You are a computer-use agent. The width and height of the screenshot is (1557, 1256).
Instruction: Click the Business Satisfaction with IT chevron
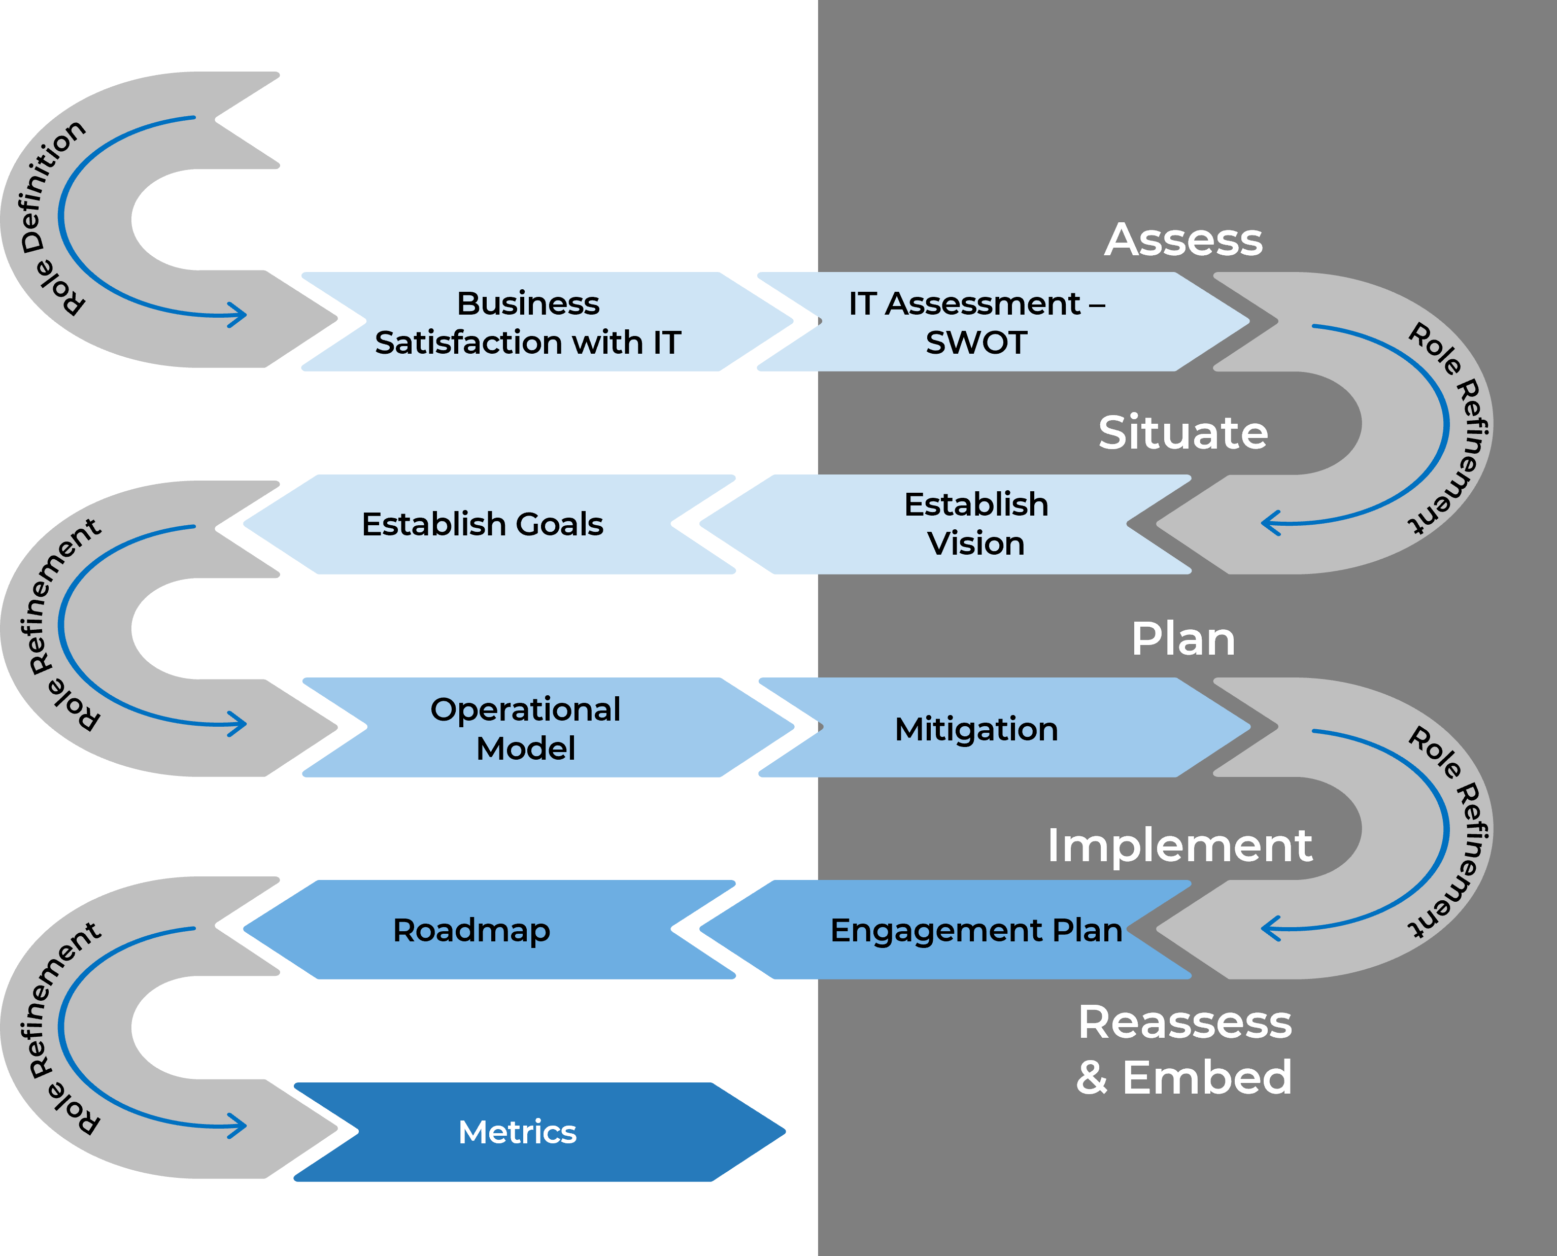[x=528, y=323]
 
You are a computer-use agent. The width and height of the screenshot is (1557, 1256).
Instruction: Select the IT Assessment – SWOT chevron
[x=977, y=323]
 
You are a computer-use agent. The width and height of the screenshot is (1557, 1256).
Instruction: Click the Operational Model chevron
[x=526, y=728]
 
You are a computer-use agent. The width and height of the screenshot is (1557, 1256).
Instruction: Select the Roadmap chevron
[x=472, y=930]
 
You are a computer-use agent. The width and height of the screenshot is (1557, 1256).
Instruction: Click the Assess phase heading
[x=1183, y=240]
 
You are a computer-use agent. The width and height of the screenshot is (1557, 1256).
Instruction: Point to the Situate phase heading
[x=1183, y=433]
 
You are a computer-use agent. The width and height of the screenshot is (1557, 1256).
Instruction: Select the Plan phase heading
[x=1183, y=639]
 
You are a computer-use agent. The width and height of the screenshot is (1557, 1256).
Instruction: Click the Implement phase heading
[x=1179, y=845]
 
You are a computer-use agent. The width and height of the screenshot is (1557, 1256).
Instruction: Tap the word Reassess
[x=1184, y=1023]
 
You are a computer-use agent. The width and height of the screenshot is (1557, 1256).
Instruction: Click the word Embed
[x=1207, y=1077]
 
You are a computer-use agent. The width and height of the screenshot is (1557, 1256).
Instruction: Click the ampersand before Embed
[x=1092, y=1078]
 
